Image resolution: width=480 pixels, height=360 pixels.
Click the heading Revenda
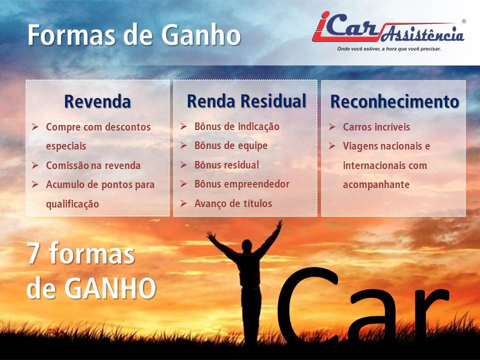click(x=97, y=101)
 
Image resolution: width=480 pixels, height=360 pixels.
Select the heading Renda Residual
click(x=246, y=101)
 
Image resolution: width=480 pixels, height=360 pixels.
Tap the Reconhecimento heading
click(x=394, y=101)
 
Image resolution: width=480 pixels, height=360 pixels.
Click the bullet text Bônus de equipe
click(x=231, y=146)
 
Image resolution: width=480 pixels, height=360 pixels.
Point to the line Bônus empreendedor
click(x=242, y=184)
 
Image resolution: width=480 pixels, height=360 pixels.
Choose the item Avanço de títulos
click(x=233, y=203)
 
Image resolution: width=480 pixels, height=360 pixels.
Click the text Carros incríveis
click(x=376, y=126)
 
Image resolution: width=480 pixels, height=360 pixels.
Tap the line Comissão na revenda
click(x=93, y=165)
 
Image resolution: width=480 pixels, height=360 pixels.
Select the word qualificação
click(x=72, y=204)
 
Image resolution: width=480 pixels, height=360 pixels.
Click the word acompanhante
click(x=376, y=185)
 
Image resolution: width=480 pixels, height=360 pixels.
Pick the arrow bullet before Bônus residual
click(x=183, y=165)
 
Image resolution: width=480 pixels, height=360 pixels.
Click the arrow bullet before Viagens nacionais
click(x=332, y=145)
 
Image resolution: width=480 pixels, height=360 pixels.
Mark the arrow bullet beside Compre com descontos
click(x=35, y=126)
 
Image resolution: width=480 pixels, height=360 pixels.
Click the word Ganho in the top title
click(x=201, y=34)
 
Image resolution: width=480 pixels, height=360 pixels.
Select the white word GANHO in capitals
click(x=110, y=288)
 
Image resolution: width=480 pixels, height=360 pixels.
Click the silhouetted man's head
click(x=246, y=245)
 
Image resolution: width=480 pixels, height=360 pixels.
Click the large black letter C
click(x=307, y=305)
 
